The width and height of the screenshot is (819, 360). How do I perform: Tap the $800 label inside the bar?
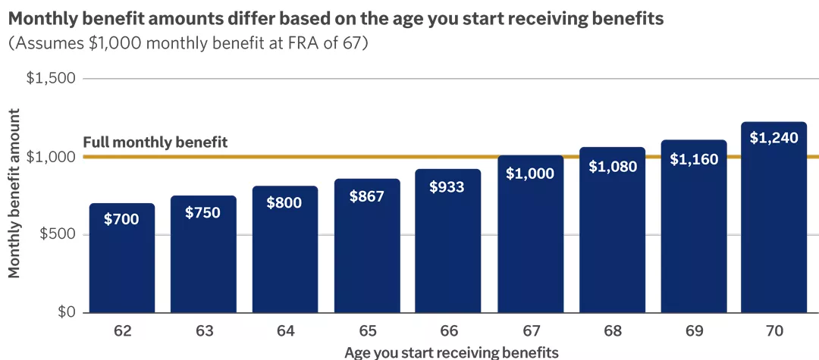pyautogui.click(x=284, y=203)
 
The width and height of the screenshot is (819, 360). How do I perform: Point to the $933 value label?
pyautogui.click(x=448, y=186)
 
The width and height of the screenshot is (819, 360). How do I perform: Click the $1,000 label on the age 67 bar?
pyautogui.click(x=530, y=173)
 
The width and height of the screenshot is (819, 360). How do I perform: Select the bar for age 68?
pyautogui.click(x=612, y=235)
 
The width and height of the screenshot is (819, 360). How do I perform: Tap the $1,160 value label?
pyautogui.click(x=694, y=160)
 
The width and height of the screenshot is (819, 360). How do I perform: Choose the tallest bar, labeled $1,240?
pyautogui.click(x=773, y=220)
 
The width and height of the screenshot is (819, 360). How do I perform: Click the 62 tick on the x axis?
pyautogui.click(x=122, y=331)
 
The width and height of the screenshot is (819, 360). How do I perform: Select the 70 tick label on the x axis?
pyautogui.click(x=773, y=331)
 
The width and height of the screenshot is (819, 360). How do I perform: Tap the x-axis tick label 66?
pyautogui.click(x=448, y=331)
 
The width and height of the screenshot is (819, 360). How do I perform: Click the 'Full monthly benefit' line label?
pyautogui.click(x=155, y=142)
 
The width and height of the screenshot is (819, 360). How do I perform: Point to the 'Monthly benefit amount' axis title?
pyautogui.click(x=14, y=193)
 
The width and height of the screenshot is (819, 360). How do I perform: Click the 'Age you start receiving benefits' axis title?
pyautogui.click(x=451, y=352)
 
